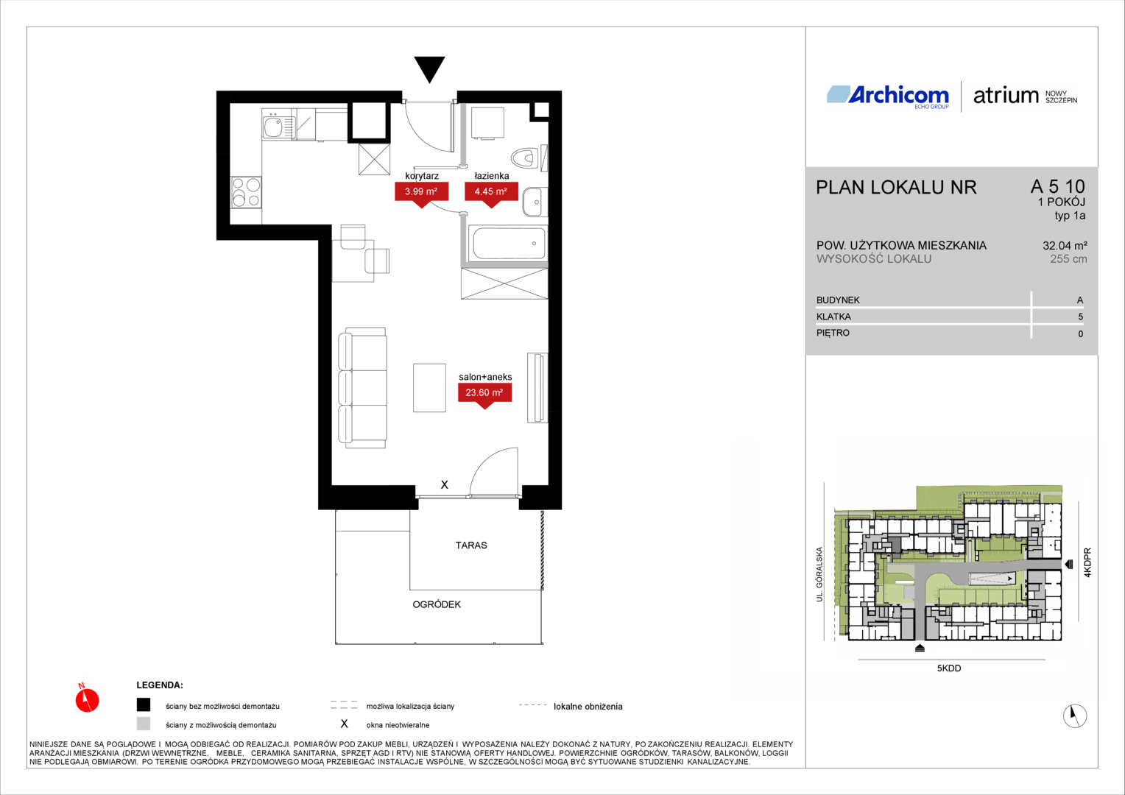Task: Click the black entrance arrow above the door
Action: [x=429, y=68]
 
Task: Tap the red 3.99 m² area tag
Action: [x=421, y=194]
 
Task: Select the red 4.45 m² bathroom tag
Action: [x=491, y=194]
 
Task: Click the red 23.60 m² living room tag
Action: [x=484, y=395]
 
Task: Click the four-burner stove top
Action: [x=246, y=192]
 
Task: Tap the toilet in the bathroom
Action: [x=526, y=158]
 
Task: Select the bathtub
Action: [x=508, y=243]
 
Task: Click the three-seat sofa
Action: [x=363, y=387]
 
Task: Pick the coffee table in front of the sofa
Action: [x=429, y=388]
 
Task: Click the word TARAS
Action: [x=471, y=545]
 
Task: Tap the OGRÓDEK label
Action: [x=437, y=604]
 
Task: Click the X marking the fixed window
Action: [x=445, y=484]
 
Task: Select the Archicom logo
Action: [x=888, y=97]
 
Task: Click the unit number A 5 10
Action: [x=1058, y=186]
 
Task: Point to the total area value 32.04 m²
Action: [x=1065, y=246]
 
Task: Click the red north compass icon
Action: [x=87, y=699]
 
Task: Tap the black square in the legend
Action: [x=144, y=704]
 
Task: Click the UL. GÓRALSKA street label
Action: [x=819, y=574]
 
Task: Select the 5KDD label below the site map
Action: [x=949, y=668]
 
